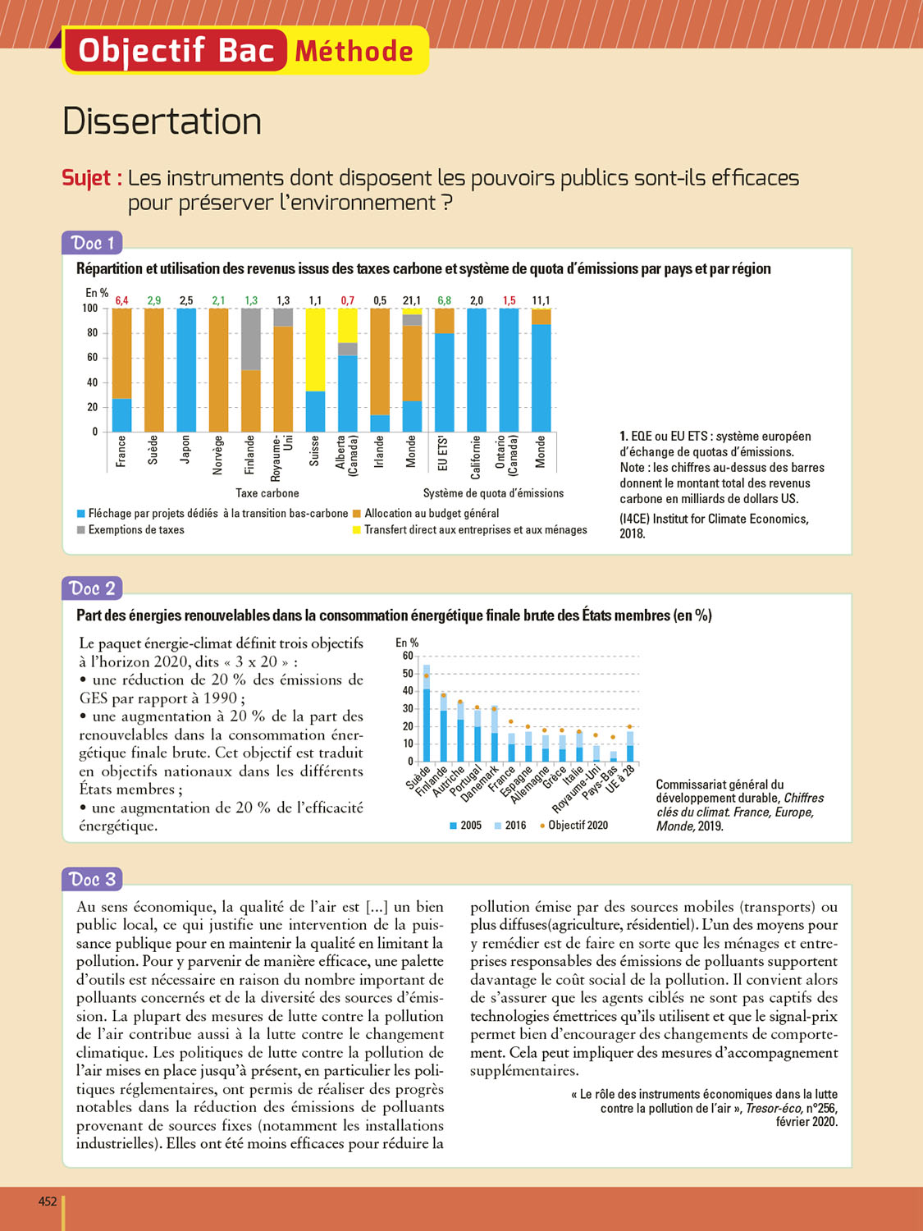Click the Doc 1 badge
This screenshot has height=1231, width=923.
[x=92, y=243]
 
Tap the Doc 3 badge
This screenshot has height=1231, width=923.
[x=92, y=879]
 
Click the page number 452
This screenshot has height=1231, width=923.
[x=48, y=1201]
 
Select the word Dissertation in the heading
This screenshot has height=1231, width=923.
[x=162, y=121]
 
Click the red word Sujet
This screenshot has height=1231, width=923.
[x=92, y=178]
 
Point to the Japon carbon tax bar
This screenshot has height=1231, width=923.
[x=186, y=369]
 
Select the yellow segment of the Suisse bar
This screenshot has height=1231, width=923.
[x=315, y=350]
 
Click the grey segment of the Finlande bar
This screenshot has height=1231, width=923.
[x=251, y=339]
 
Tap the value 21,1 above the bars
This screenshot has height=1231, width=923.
[x=411, y=301]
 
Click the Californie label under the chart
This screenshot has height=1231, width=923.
[x=476, y=457]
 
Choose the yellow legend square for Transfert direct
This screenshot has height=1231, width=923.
[x=356, y=530]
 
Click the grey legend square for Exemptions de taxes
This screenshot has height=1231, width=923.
[x=81, y=530]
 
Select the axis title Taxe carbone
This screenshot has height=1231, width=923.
[x=267, y=493]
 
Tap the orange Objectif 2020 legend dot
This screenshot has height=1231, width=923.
[x=542, y=826]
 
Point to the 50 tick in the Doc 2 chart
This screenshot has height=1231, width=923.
[x=408, y=674]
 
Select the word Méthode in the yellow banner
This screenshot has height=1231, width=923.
[x=354, y=51]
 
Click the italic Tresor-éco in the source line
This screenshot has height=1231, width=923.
[x=773, y=1108]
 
